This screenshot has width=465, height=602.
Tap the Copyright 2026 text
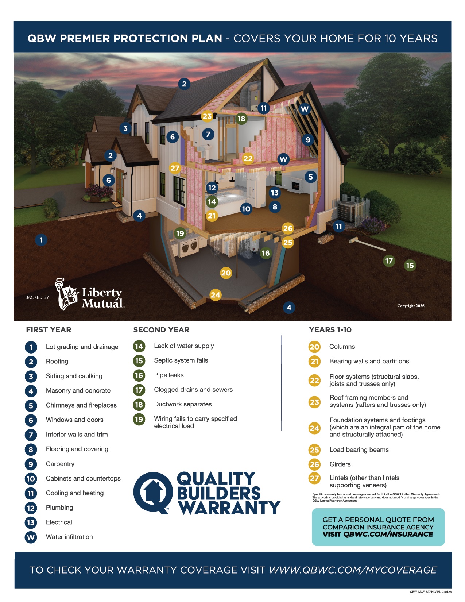tap(411, 306)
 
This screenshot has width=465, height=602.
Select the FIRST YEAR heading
tap(49, 330)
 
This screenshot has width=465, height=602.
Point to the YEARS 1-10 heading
tap(330, 330)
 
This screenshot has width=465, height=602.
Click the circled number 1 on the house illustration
tap(41, 240)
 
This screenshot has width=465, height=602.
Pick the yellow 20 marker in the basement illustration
tap(226, 273)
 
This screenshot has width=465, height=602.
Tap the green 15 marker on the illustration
tap(410, 265)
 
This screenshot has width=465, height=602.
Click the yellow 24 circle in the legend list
tap(314, 428)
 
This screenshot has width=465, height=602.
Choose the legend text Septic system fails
tap(181, 360)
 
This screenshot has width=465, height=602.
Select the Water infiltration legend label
tap(69, 537)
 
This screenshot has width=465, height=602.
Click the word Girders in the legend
tap(340, 464)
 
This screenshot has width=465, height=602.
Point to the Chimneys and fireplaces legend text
tap(81, 405)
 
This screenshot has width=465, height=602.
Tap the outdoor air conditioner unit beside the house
tap(347, 211)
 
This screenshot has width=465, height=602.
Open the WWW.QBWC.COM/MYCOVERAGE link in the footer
tap(353, 570)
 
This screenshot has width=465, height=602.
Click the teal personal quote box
tap(378, 527)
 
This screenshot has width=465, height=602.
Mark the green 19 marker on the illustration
tap(180, 233)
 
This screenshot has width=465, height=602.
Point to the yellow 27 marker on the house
tap(175, 168)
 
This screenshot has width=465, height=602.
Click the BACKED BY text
tap(37, 298)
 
